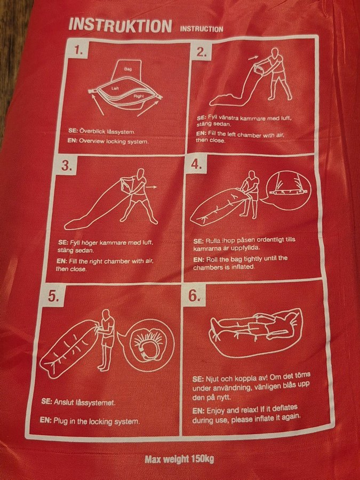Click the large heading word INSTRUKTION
coord(120,26)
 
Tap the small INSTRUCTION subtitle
coord(202,29)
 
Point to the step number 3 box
coord(67,166)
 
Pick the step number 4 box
coord(196,164)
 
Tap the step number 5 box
coord(54,297)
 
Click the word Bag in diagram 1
coord(128,69)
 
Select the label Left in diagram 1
coord(115,89)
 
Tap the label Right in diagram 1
coord(138,96)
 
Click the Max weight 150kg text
coord(179,459)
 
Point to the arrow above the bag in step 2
coord(253,57)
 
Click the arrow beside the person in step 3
coord(152,187)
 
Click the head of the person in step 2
coord(276,53)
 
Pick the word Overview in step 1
coord(92,141)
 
